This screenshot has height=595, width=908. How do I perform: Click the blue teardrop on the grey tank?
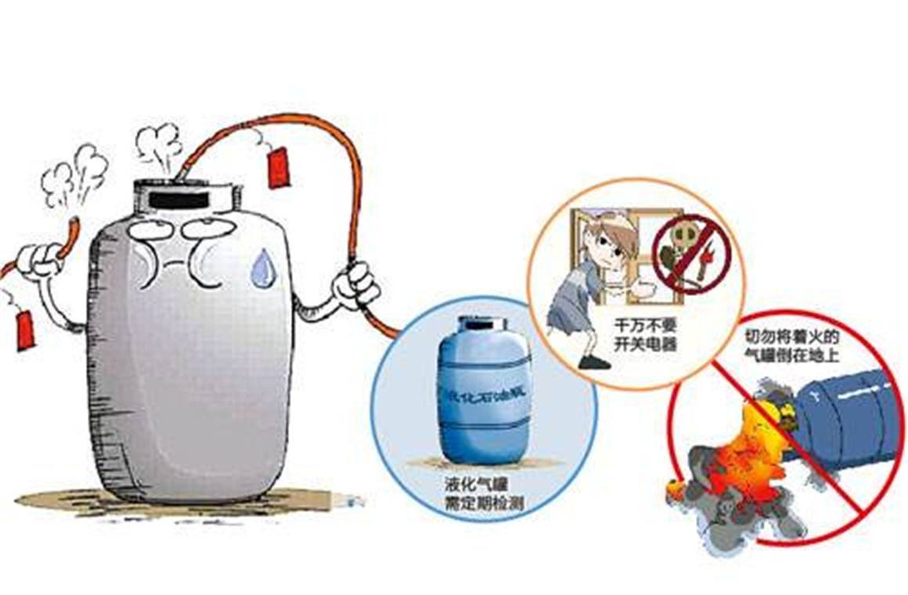[x=263, y=266]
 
